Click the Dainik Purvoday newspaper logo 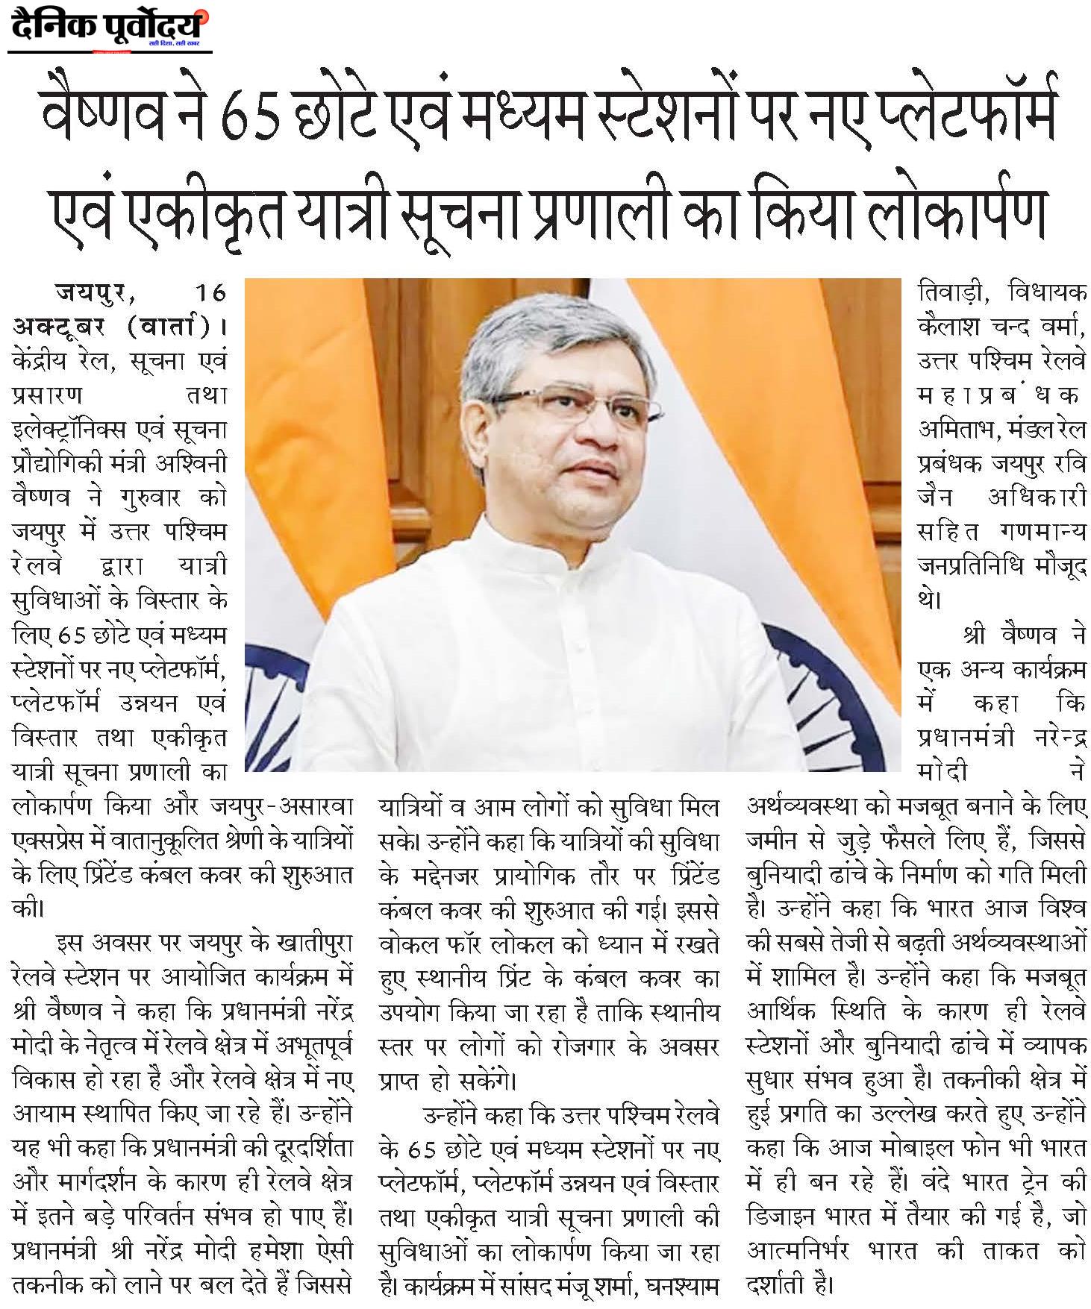tap(109, 28)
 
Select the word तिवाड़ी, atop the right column tap(951, 292)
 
